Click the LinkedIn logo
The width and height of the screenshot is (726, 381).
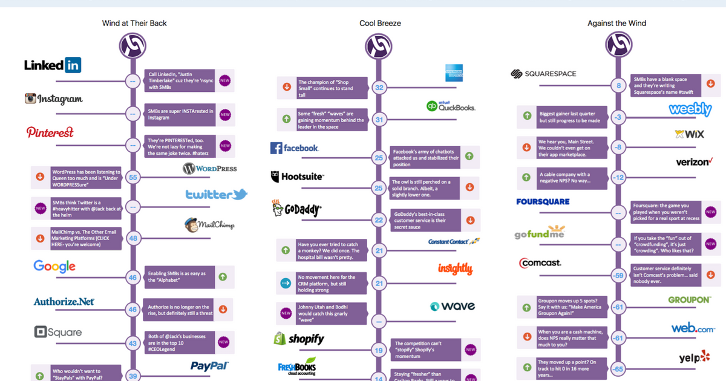[x=53, y=65]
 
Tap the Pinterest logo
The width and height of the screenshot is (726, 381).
[x=50, y=132]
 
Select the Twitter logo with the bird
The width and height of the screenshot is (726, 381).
[x=216, y=195]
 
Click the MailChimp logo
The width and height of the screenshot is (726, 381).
[x=209, y=225]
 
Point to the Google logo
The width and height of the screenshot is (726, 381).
[x=54, y=266]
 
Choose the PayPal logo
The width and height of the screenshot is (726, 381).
[x=209, y=366]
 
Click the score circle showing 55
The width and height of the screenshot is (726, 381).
[x=132, y=178]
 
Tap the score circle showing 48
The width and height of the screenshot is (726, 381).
[x=132, y=239]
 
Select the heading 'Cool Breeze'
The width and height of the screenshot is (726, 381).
[x=380, y=24]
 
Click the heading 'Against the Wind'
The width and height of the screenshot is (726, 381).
[x=616, y=24]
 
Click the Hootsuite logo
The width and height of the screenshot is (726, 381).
[x=298, y=177]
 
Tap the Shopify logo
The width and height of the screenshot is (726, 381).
[x=299, y=339]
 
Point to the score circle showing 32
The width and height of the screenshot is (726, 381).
[x=379, y=88]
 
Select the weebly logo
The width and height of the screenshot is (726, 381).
[x=690, y=109]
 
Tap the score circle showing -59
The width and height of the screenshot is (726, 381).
[x=618, y=276]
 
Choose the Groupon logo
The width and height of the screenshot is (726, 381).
[x=689, y=300]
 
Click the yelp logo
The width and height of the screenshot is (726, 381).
[x=694, y=358]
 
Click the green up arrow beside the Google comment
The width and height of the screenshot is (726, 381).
[x=223, y=276]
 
